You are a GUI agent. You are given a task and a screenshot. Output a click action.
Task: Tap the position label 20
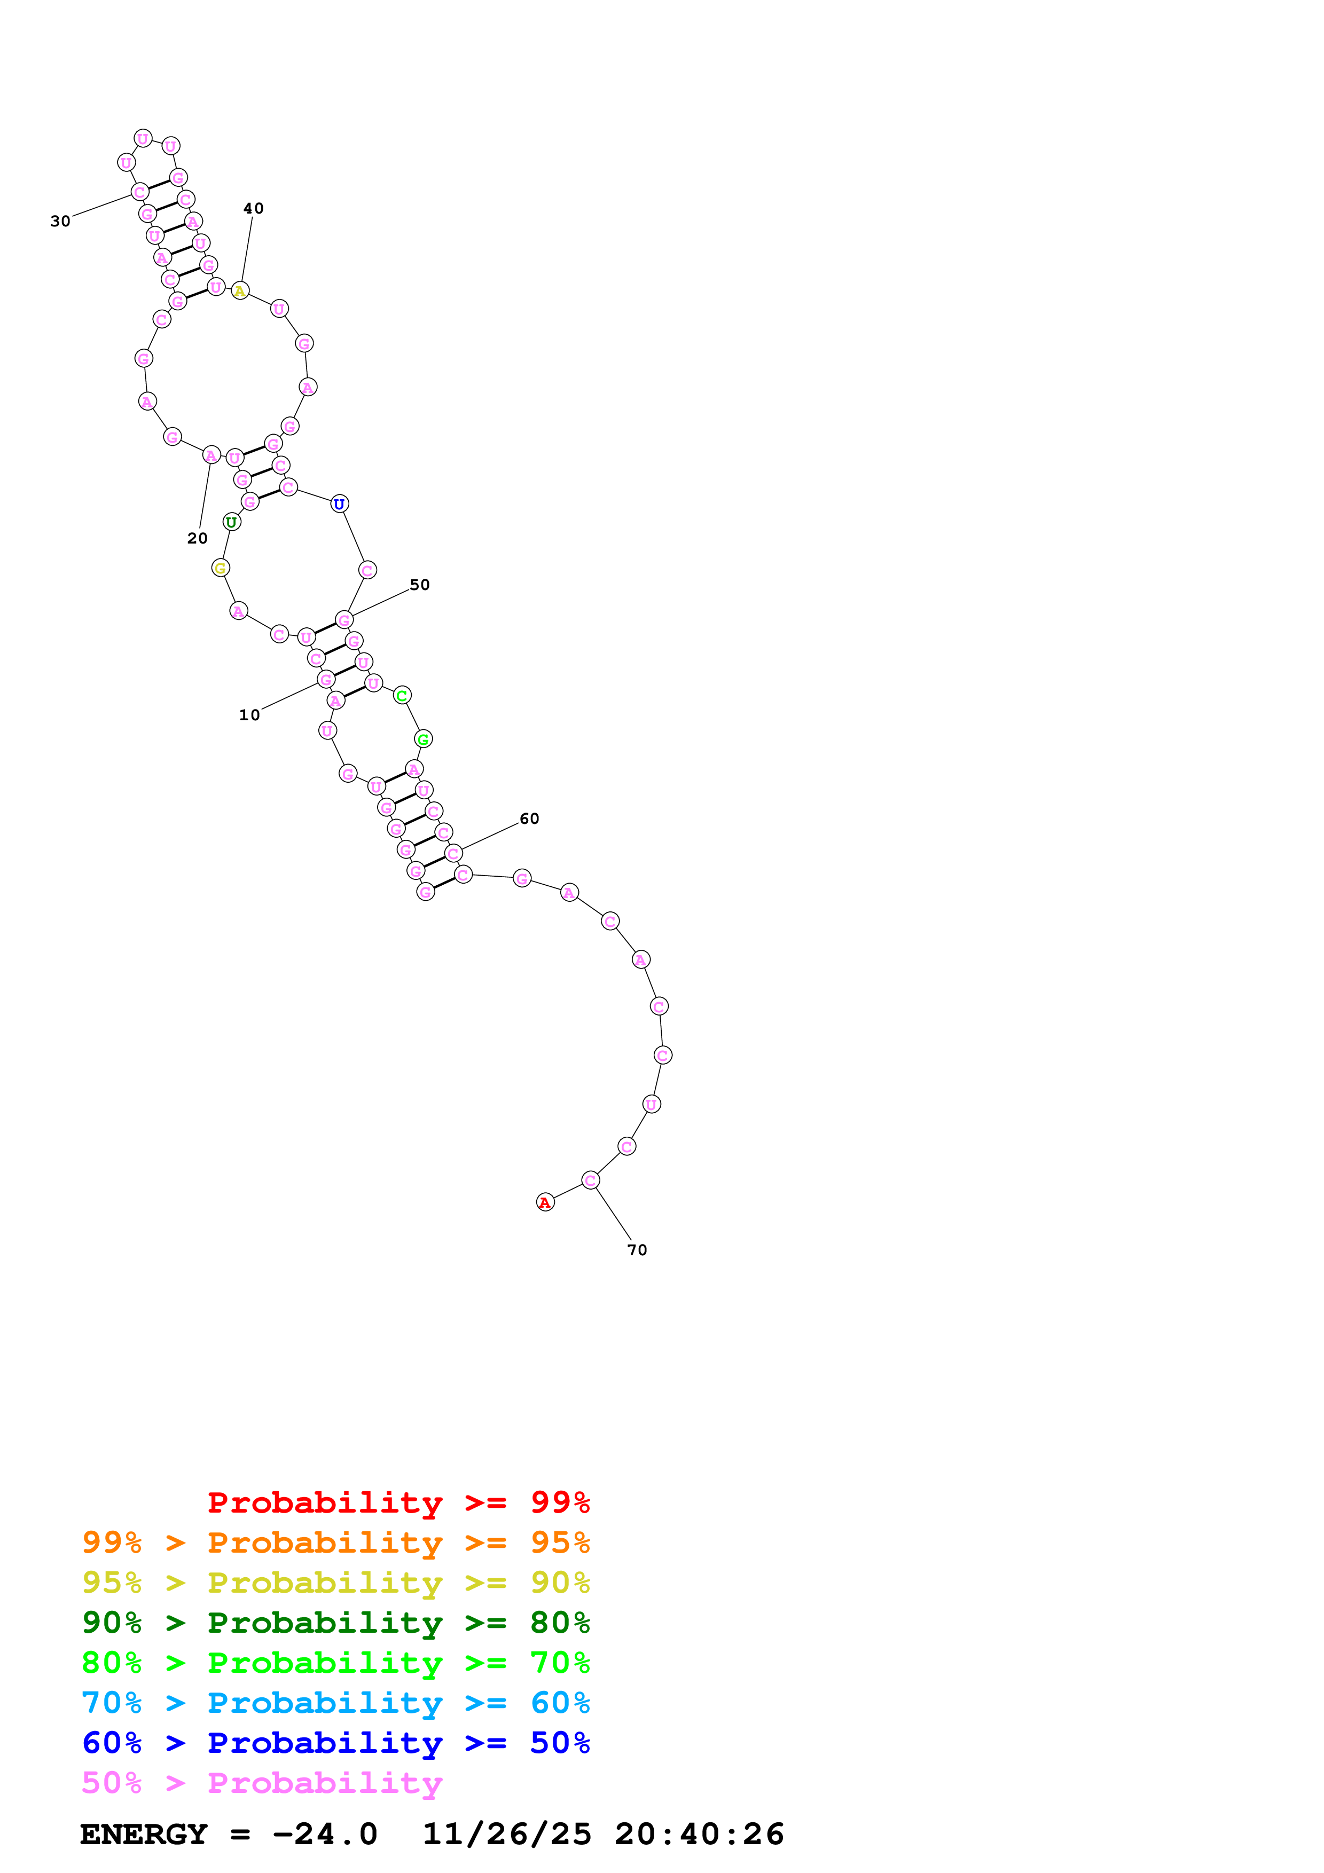[x=198, y=538]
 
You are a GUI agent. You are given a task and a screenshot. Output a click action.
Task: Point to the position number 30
[x=60, y=221]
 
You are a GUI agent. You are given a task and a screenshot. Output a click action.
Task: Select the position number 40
[x=254, y=209]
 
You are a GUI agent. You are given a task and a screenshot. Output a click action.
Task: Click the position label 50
[x=419, y=585]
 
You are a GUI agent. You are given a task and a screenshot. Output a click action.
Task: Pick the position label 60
[x=529, y=819]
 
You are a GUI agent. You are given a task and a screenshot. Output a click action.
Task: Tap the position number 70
[x=637, y=1250]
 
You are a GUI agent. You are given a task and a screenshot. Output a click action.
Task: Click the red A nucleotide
[x=545, y=1202]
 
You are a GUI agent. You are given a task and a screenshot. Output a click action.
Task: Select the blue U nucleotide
[x=339, y=504]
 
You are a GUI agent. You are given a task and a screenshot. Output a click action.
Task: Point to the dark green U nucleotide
[x=232, y=522]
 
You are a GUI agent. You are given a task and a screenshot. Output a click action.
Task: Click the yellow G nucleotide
[x=220, y=568]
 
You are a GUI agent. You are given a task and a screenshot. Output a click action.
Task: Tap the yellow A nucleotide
[x=240, y=291]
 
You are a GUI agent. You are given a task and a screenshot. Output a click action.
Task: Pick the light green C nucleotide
[x=401, y=696]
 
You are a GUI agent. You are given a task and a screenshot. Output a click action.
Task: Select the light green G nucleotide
[x=422, y=739]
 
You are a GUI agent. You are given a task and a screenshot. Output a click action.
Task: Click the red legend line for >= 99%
[x=398, y=1502]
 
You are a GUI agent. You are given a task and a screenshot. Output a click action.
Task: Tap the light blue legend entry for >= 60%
[x=335, y=1703]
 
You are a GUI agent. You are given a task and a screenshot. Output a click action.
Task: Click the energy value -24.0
[x=325, y=1834]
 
